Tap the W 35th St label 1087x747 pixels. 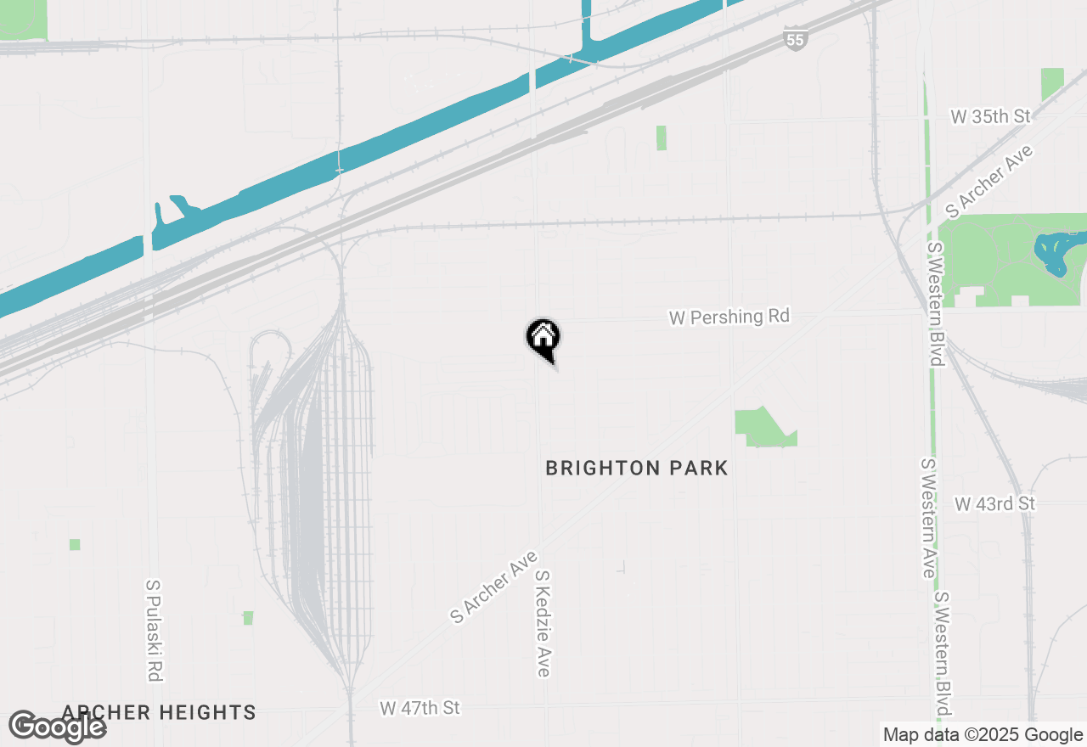[990, 116]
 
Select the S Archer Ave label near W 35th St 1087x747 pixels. [990, 181]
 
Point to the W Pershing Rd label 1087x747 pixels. [729, 317]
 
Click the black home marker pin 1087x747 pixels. [543, 339]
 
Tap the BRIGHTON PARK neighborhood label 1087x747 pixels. [637, 468]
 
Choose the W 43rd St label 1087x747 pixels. [995, 503]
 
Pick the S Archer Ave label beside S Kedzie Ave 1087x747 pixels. [494, 587]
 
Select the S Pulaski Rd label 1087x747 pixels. [154, 631]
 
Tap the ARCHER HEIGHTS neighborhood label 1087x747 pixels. [159, 712]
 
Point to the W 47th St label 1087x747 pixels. [420, 707]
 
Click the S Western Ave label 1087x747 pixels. [928, 518]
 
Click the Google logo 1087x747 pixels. [57, 727]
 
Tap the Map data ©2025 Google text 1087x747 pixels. [983, 734]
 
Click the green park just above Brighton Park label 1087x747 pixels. [762, 428]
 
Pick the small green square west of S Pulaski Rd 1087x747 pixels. [75, 544]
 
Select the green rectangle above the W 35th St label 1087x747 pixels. [1052, 84]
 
